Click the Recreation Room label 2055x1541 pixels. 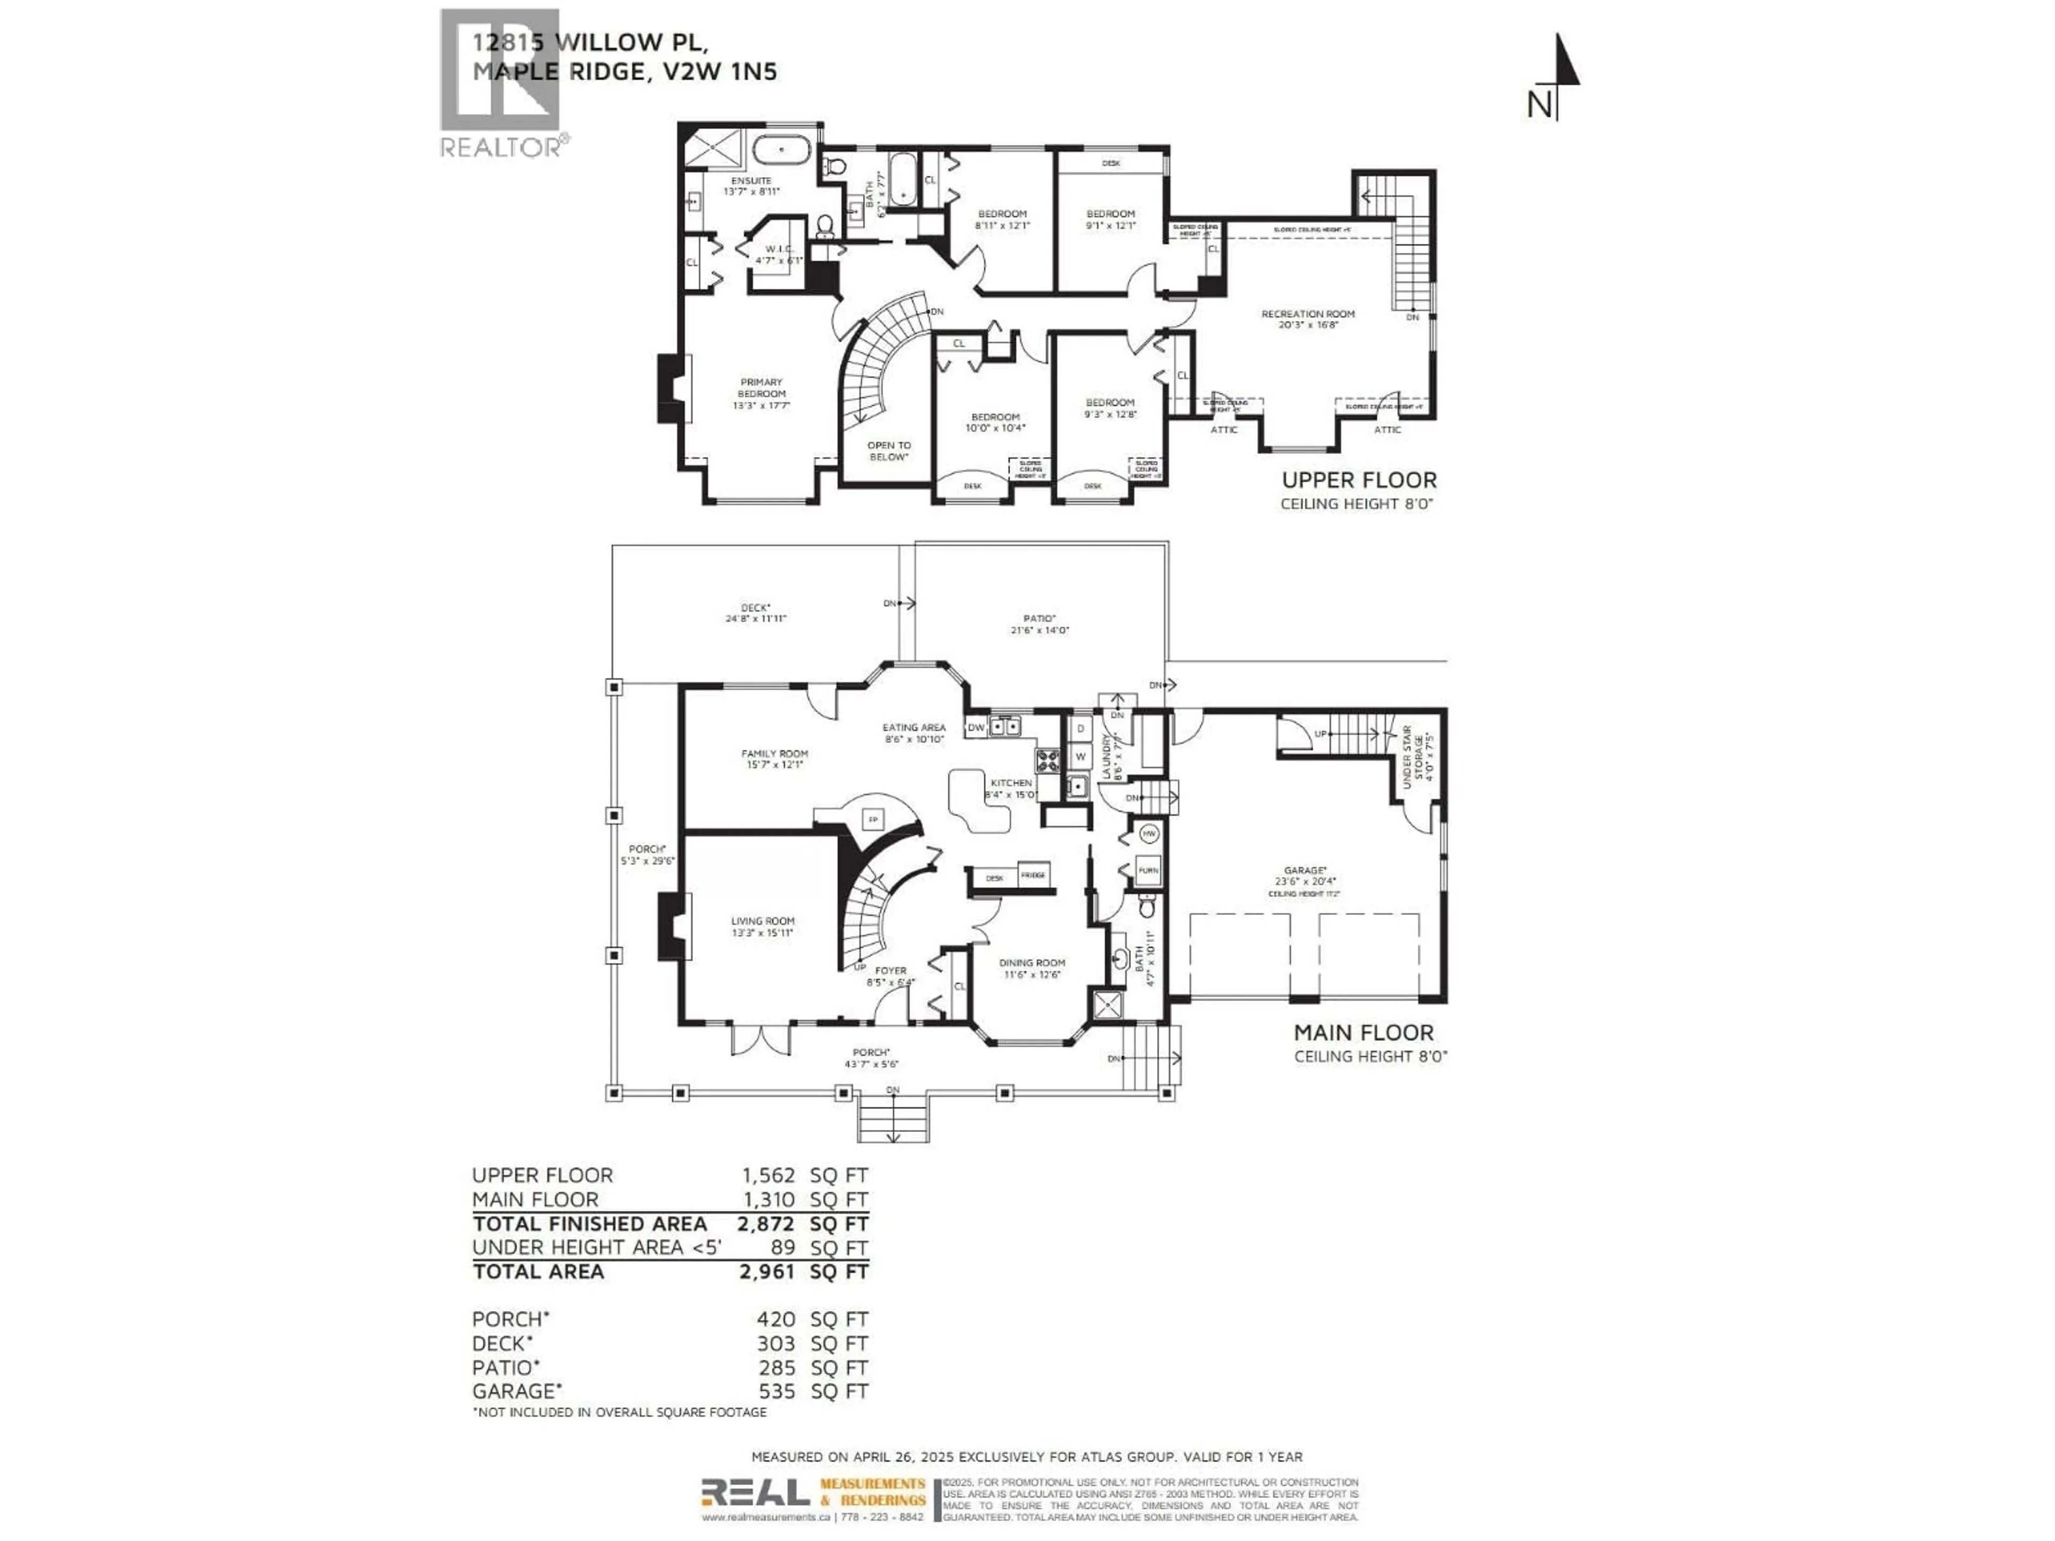click(1307, 314)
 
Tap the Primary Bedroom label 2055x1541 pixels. click(761, 387)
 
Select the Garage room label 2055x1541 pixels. click(1304, 871)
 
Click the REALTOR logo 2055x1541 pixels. click(501, 83)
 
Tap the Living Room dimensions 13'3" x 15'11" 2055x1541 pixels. click(762, 933)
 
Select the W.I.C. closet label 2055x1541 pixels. click(779, 249)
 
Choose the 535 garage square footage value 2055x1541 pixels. click(776, 1392)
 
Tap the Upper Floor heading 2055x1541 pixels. click(1358, 480)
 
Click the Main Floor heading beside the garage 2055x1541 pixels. click(1363, 1032)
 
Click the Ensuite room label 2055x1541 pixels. click(751, 180)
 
